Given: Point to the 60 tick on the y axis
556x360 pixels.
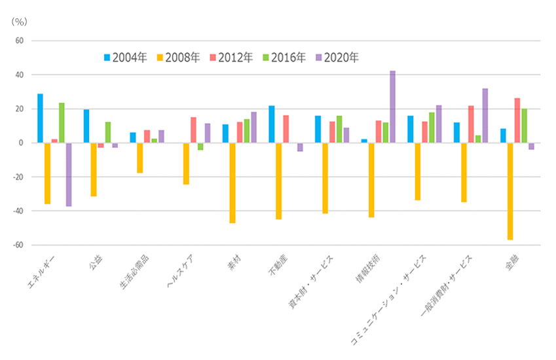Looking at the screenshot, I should [x=19, y=41].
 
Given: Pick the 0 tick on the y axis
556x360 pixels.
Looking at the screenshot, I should [x=21, y=143].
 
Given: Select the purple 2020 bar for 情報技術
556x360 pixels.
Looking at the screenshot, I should [x=392, y=107].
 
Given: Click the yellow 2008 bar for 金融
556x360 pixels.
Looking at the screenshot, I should [x=510, y=191].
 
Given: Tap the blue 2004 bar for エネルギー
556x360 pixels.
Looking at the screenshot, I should [x=41, y=118].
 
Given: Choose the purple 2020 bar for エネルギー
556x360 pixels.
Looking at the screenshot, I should [x=69, y=174].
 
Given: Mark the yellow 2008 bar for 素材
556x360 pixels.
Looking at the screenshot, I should [x=232, y=183].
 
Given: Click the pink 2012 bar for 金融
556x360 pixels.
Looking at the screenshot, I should [x=517, y=120].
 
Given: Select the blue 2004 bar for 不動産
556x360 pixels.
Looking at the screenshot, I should [x=271, y=124].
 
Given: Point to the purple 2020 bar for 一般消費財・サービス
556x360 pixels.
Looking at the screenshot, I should [x=485, y=115].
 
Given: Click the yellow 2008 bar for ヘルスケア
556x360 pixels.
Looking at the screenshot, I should [x=186, y=164].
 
